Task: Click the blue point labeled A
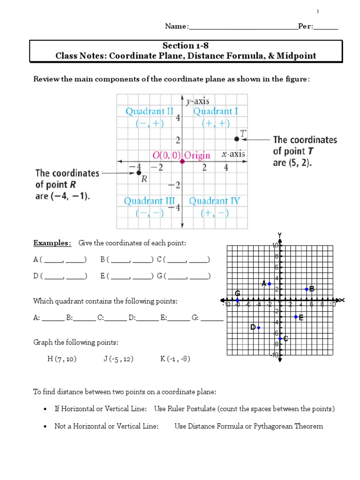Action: [x=270, y=284]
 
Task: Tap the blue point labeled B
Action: [x=307, y=289]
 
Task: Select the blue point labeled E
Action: [x=296, y=317]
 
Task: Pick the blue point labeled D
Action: [x=259, y=327]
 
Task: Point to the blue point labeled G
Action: [x=238, y=300]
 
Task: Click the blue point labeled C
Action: [x=280, y=338]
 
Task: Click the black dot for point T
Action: [x=236, y=139]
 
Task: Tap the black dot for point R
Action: [x=139, y=173]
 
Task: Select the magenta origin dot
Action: [x=182, y=161]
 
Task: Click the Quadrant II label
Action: [x=149, y=112]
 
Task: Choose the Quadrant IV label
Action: [x=214, y=201]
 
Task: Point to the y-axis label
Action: [x=198, y=101]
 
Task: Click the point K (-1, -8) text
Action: [x=175, y=359]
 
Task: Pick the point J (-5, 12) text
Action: [x=119, y=359]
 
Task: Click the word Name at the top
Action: [x=176, y=26]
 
